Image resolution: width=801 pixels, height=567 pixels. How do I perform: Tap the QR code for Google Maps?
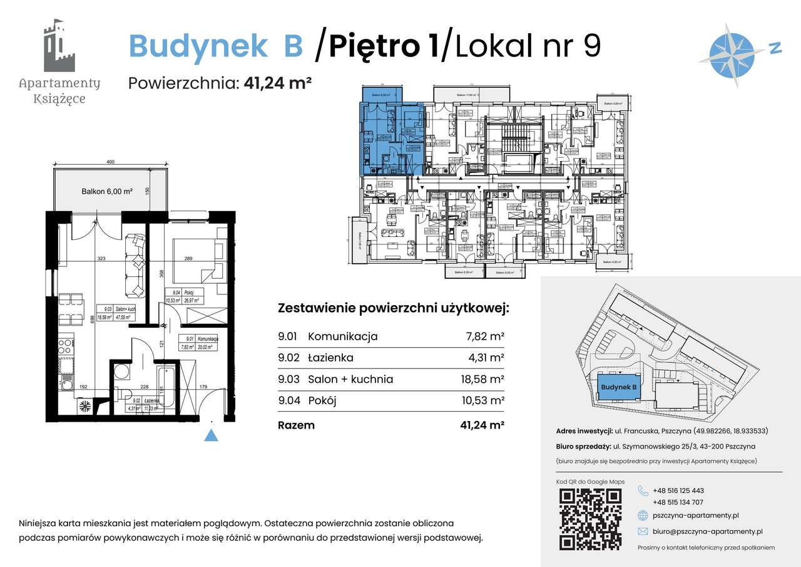590,518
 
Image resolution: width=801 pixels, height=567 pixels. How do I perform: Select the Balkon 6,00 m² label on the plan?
106,192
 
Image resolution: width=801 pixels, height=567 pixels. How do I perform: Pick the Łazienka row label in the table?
330,358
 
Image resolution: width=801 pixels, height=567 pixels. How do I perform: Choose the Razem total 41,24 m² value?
482,425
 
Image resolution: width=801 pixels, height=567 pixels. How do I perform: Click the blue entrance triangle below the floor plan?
212,435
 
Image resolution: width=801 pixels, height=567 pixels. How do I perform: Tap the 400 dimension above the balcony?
110,162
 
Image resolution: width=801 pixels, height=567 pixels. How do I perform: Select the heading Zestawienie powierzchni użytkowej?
393,309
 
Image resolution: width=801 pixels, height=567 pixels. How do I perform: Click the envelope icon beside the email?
643,531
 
